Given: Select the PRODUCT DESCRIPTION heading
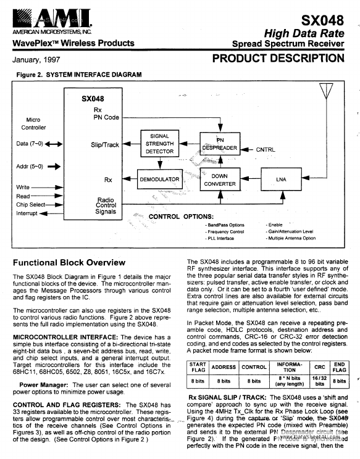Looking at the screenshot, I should (278, 59).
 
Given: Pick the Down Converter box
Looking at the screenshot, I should (216, 180).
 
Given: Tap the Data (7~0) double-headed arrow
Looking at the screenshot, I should (54, 144).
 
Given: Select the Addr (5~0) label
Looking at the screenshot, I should (28, 165).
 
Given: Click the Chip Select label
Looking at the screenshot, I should (31, 204).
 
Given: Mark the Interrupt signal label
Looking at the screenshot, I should (27, 213).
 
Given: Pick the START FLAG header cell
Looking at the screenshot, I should (198, 368).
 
